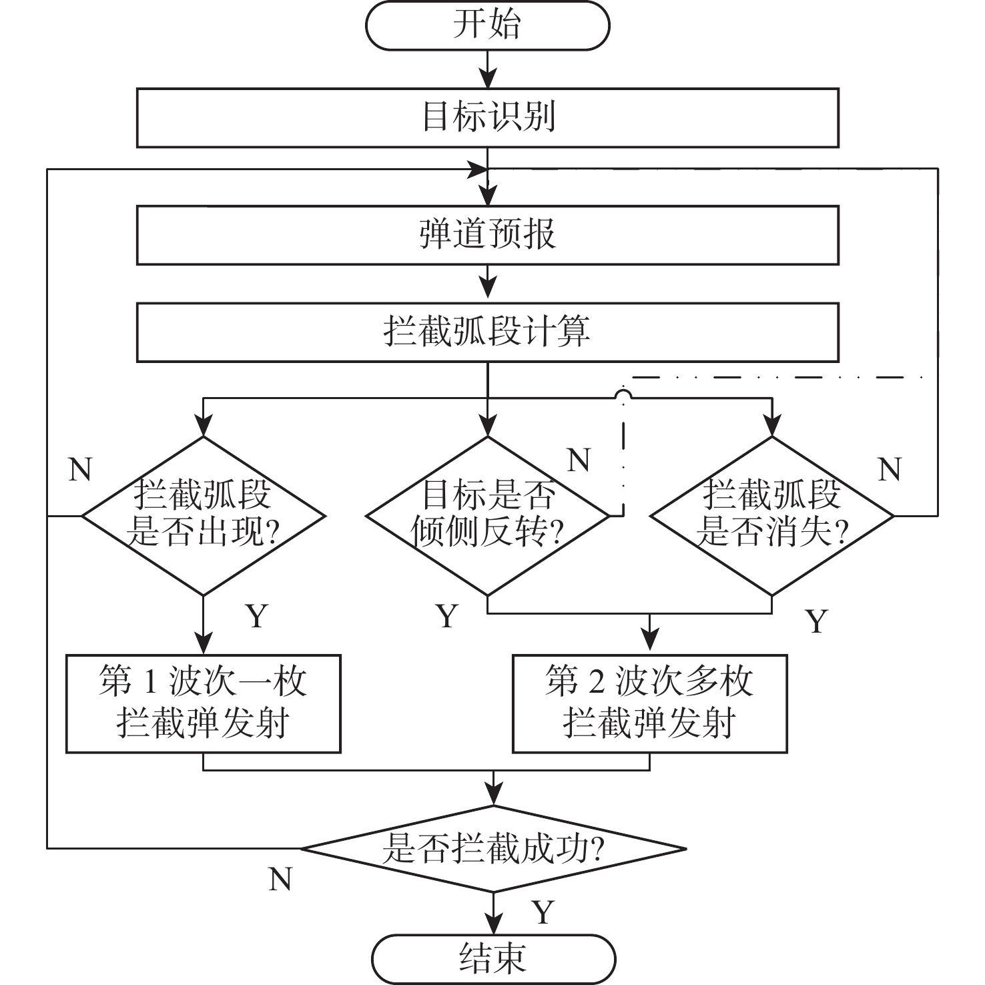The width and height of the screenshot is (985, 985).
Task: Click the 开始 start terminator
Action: [x=488, y=25]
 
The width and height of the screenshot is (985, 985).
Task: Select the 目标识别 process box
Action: [x=488, y=117]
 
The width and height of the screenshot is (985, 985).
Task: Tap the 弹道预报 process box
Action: [x=488, y=235]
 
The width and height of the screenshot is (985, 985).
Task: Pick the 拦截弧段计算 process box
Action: [x=488, y=332]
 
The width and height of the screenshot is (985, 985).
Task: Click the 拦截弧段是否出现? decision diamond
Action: [x=203, y=515]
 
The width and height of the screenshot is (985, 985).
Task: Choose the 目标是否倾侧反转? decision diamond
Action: [x=488, y=515]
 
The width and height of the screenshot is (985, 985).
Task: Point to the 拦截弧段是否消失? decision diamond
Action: [x=772, y=515]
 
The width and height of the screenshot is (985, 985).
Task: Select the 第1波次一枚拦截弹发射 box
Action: [x=203, y=703]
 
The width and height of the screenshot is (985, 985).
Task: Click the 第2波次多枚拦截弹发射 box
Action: [x=649, y=703]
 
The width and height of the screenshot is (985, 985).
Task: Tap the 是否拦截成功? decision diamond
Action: [x=493, y=849]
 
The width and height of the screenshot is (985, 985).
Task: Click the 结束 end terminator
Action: [x=493, y=958]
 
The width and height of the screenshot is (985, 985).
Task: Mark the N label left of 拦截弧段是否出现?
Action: [x=80, y=470]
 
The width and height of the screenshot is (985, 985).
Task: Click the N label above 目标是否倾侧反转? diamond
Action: [x=579, y=460]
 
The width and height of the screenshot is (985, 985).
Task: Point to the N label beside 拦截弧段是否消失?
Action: [x=890, y=470]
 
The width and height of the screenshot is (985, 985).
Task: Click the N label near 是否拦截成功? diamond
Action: [x=280, y=880]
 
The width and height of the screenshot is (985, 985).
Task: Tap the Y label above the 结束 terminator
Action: [x=543, y=912]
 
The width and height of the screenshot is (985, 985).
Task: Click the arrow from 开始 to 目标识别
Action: [x=488, y=69]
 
